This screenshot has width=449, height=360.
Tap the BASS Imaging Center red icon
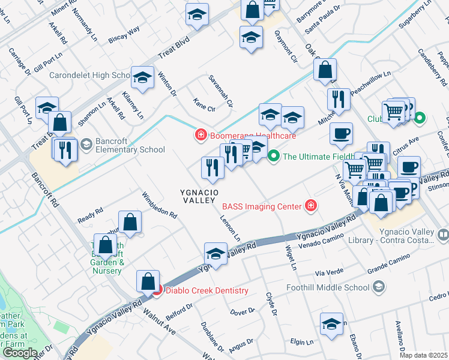310,206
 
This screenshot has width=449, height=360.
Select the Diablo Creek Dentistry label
206,291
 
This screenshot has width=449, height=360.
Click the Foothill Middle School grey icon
378,287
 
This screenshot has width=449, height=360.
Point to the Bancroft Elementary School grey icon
86,143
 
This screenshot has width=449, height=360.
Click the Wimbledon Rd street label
159,205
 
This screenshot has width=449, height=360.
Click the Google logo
20,353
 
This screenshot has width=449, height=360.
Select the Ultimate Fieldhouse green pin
274,157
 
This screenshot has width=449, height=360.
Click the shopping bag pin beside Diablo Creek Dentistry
148,281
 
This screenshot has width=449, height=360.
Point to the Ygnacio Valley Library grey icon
444,235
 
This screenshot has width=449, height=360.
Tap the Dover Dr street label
243,312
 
